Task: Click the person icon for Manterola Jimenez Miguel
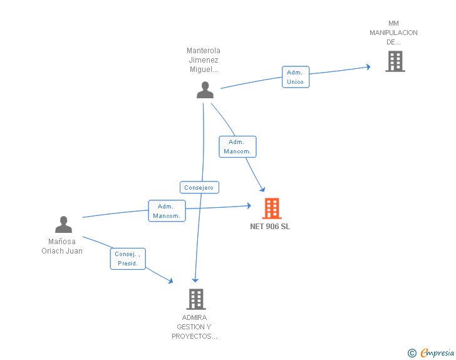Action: coord(205,90)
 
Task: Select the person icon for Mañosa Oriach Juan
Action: coord(63,224)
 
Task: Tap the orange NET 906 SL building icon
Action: coord(271,208)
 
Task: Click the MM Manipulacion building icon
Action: coord(395,61)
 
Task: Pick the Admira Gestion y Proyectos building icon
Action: coord(195,299)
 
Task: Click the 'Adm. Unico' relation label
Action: coord(295,77)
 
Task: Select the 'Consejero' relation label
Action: coord(199,187)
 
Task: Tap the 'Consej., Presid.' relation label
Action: coord(128,259)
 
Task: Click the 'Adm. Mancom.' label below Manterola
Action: coord(237,147)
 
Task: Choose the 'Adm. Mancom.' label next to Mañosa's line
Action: coord(167,211)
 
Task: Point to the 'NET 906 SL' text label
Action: coord(270,227)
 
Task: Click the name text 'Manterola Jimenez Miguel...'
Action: coord(204,60)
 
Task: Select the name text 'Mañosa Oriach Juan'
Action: coord(62,246)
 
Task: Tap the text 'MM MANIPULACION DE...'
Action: coord(393,33)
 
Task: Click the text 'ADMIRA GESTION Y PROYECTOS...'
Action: coord(194,327)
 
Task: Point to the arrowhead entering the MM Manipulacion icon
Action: coord(368,66)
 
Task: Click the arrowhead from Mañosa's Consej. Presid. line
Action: coord(170,281)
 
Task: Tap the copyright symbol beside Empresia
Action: coord(412,353)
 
